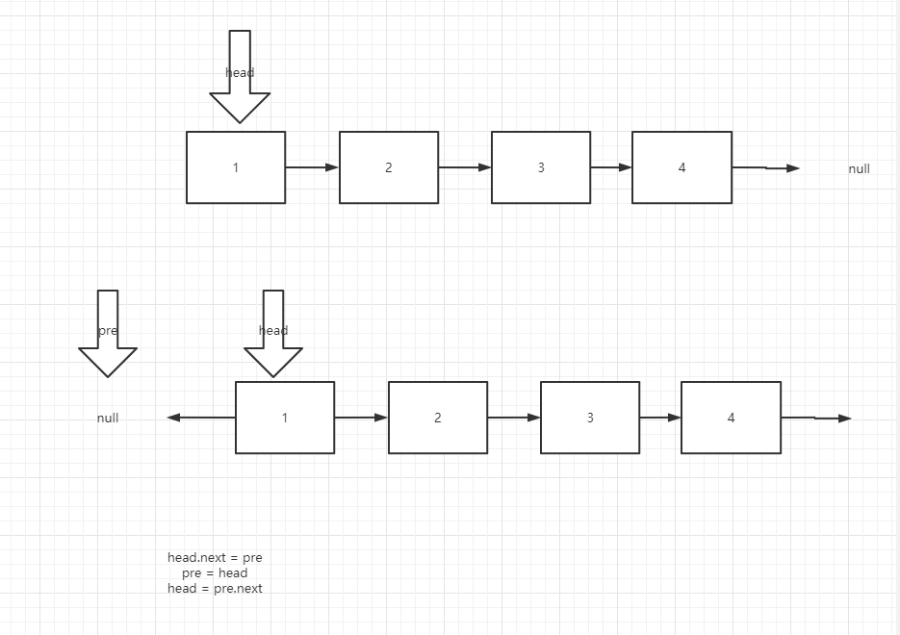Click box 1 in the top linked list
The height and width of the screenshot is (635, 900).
[236, 167]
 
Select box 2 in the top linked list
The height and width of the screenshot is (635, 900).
[389, 167]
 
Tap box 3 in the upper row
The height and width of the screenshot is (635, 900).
[541, 167]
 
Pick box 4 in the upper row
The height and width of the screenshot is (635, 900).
[681, 167]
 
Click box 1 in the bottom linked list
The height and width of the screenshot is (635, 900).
[285, 418]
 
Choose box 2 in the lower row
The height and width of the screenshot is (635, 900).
[438, 418]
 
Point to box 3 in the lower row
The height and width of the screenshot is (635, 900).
[590, 418]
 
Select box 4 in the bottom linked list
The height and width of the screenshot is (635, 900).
[731, 418]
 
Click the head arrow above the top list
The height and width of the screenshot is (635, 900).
[240, 77]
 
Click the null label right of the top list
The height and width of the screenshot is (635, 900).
[859, 169]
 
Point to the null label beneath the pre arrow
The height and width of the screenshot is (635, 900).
[108, 419]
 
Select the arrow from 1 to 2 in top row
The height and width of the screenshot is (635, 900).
[312, 167]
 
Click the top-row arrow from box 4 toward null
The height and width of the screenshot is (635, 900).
[765, 168]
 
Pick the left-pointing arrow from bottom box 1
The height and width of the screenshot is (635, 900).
[201, 418]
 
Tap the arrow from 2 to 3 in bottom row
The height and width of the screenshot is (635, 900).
[514, 418]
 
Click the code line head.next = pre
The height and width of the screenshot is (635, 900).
[215, 557]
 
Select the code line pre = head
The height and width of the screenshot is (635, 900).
[215, 572]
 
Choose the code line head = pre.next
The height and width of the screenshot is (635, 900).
[215, 588]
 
